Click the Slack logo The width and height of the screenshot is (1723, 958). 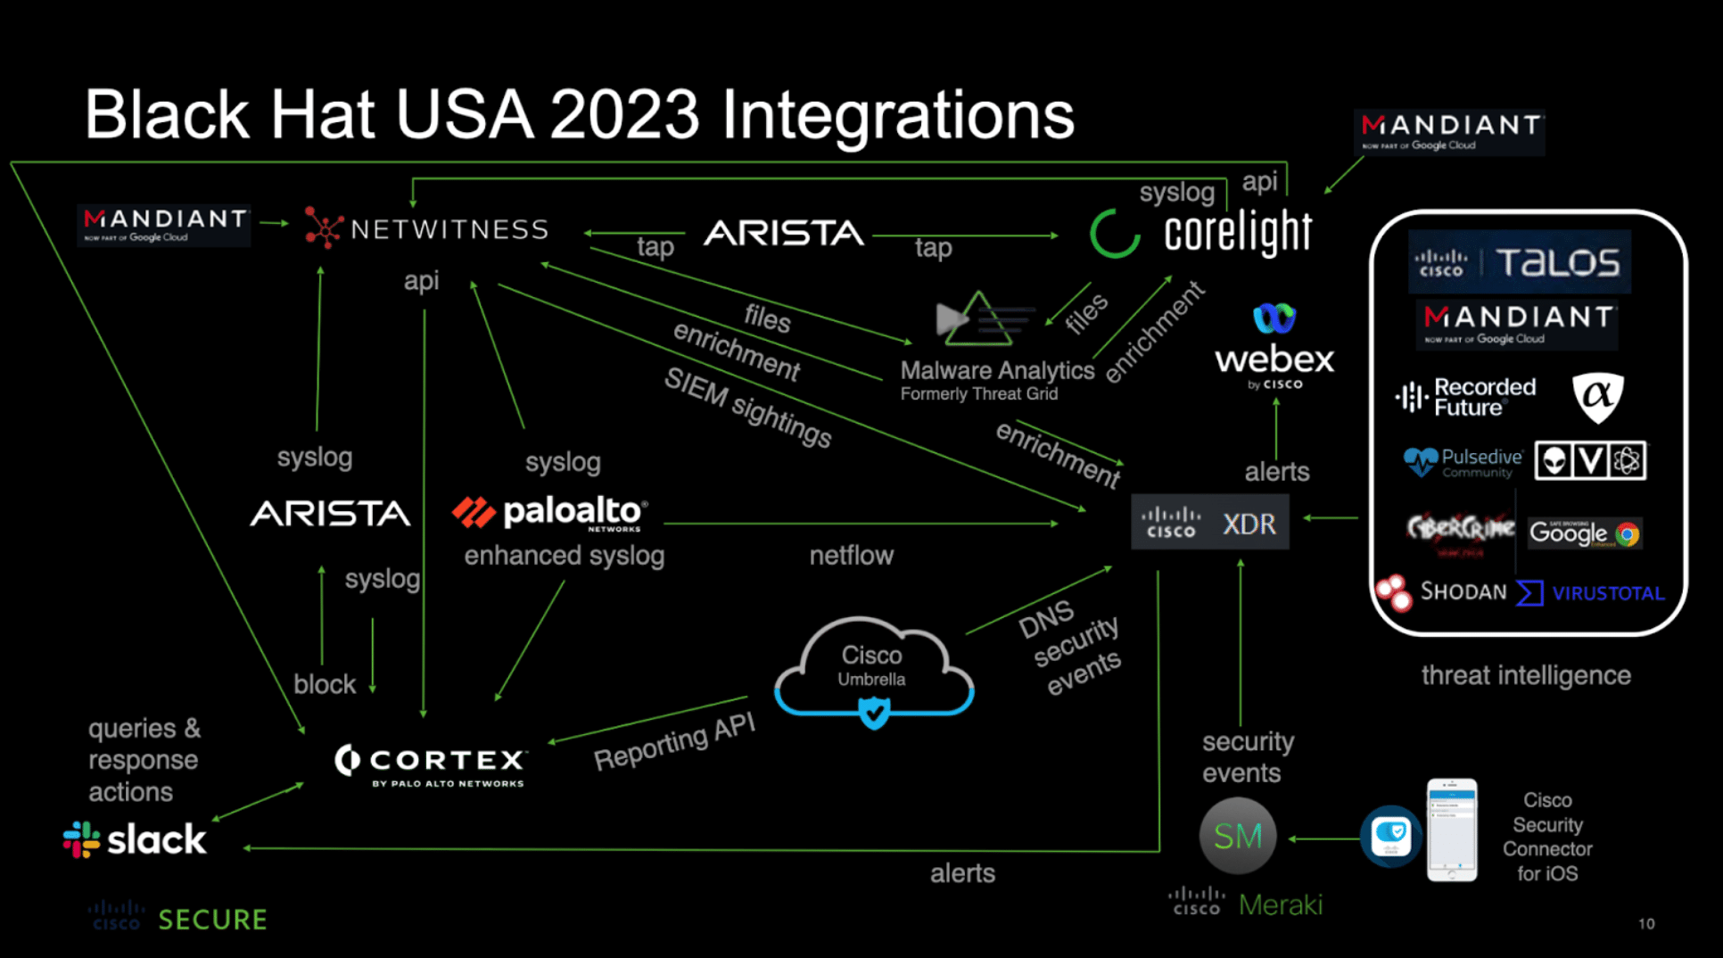pos(135,839)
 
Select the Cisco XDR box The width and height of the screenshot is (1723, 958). pos(1209,523)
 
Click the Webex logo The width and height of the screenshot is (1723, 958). pos(1274,347)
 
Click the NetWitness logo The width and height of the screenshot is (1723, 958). pos(426,228)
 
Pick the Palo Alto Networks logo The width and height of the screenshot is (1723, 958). pos(550,513)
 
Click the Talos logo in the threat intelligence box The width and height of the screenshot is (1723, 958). pos(1519,262)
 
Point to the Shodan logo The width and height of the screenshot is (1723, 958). pos(1441,591)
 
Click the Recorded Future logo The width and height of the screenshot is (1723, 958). pos(1465,398)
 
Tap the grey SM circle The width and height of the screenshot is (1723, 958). pos(1238,836)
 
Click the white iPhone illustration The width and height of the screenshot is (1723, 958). pos(1451,830)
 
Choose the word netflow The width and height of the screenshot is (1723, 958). pos(851,556)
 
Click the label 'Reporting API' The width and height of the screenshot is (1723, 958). pos(674,742)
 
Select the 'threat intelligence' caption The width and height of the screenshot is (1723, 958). pos(1526,675)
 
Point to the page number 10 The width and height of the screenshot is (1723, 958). pos(1646,924)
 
